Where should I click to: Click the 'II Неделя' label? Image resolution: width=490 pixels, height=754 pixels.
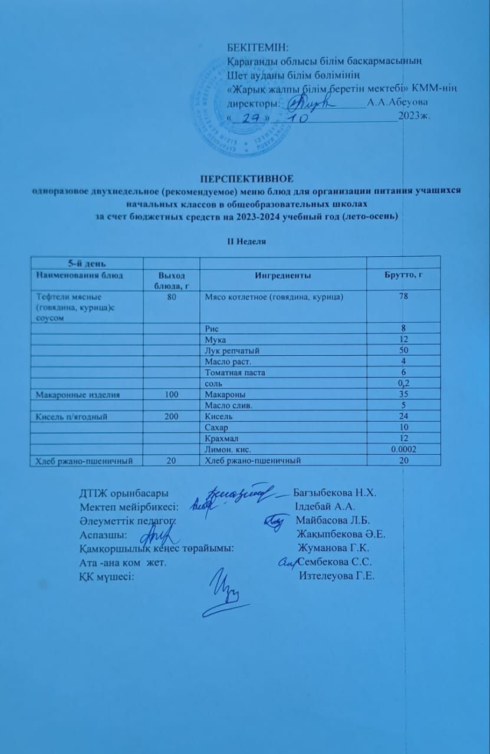[x=245, y=241]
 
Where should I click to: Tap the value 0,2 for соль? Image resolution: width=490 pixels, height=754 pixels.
[x=403, y=383]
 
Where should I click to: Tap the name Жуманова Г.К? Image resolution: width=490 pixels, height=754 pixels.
[x=333, y=548]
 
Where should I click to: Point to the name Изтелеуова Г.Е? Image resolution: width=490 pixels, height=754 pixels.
[x=337, y=576]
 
